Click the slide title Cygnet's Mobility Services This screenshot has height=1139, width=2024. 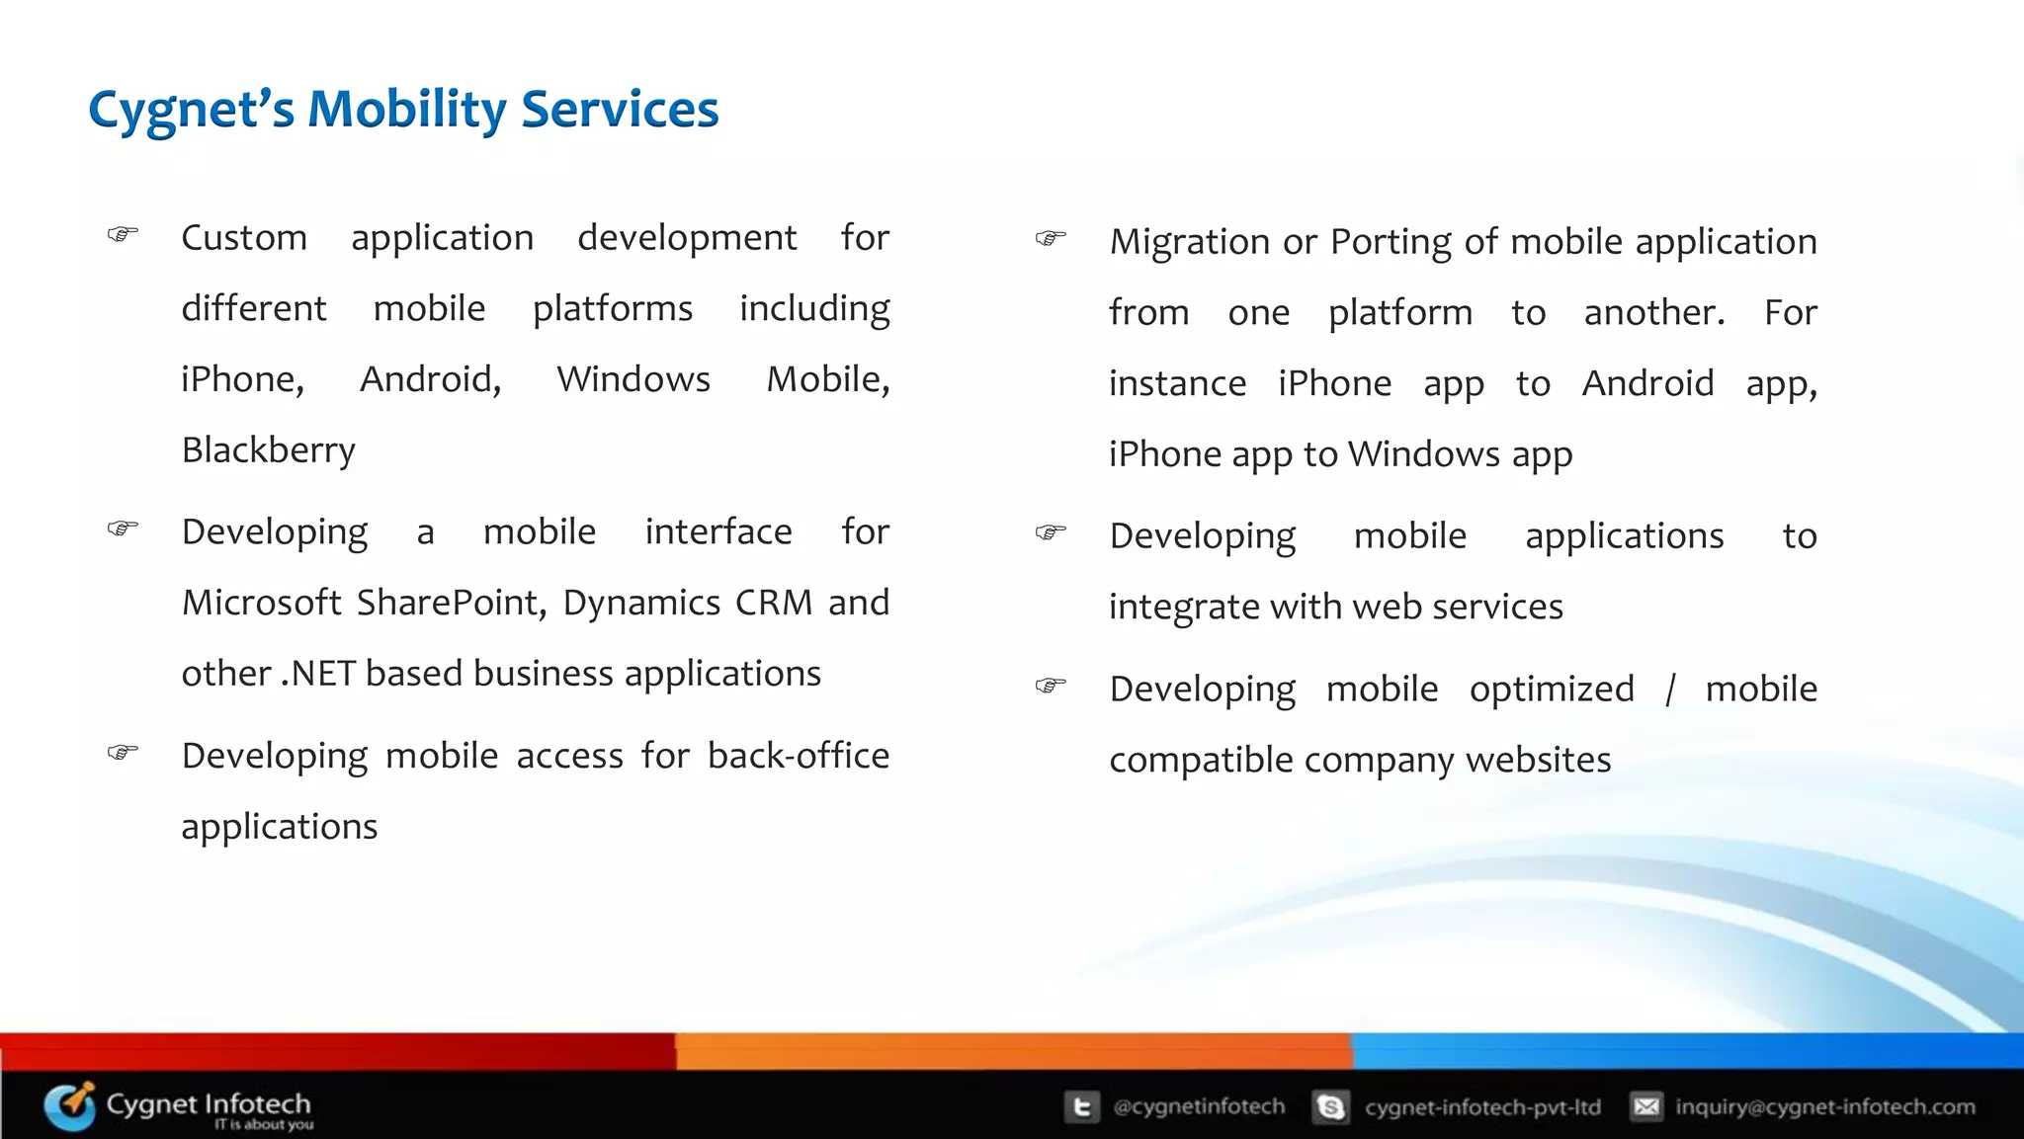point(403,110)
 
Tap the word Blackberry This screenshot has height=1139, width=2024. point(268,450)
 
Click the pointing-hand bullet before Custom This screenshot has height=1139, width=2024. point(123,235)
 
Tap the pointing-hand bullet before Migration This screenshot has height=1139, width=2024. point(1051,238)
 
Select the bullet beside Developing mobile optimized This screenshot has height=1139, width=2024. point(1051,685)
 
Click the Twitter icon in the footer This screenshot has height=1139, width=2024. point(1081,1106)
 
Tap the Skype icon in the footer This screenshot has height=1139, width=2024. point(1330,1106)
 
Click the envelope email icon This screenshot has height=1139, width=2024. point(1646,1106)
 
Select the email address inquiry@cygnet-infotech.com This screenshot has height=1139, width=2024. point(1825,1106)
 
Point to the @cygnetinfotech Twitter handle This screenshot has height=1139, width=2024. point(1199,1106)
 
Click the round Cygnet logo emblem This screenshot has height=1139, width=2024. point(69,1106)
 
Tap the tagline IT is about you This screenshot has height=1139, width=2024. point(264,1125)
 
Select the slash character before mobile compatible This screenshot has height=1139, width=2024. point(1669,690)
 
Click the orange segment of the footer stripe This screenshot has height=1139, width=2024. point(1013,1051)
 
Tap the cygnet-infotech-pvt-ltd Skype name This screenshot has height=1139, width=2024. point(1482,1106)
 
